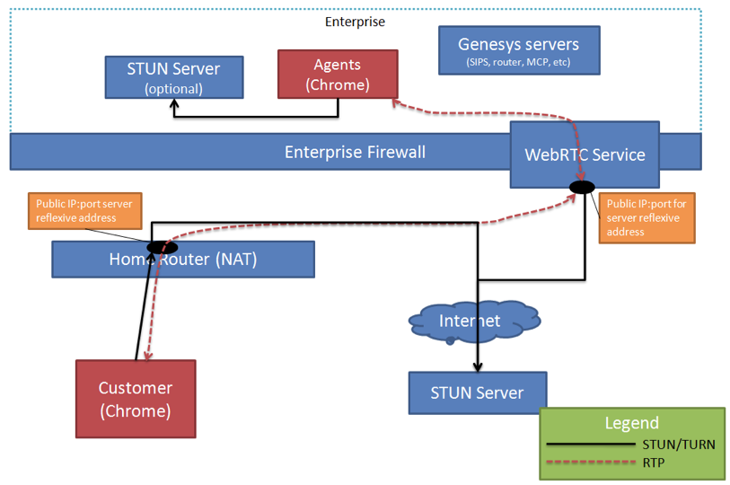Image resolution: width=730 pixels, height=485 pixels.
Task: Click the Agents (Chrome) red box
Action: click(x=337, y=74)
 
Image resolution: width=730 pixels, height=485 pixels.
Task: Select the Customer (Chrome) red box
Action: click(x=136, y=399)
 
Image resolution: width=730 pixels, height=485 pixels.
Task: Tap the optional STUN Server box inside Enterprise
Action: click(x=173, y=77)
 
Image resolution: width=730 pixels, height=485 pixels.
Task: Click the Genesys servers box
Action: click(x=518, y=50)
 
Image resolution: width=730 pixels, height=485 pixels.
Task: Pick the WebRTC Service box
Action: click(x=585, y=154)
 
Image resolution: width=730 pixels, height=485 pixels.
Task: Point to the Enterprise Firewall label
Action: click(x=355, y=152)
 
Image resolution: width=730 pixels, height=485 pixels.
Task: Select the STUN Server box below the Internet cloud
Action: click(x=477, y=392)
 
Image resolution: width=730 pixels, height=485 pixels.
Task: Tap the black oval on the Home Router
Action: click(x=162, y=247)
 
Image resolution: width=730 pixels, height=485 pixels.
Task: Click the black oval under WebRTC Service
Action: click(x=581, y=187)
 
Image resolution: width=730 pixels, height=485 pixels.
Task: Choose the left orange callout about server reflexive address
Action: click(x=85, y=211)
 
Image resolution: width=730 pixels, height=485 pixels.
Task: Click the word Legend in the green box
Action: click(x=631, y=423)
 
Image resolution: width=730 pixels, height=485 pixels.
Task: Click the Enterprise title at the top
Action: click(x=355, y=21)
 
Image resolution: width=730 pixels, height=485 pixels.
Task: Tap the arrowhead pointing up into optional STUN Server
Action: click(x=174, y=103)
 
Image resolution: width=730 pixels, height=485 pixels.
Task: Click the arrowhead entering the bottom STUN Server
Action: click(x=478, y=366)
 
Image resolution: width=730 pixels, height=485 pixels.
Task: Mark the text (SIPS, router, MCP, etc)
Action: click(x=518, y=64)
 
